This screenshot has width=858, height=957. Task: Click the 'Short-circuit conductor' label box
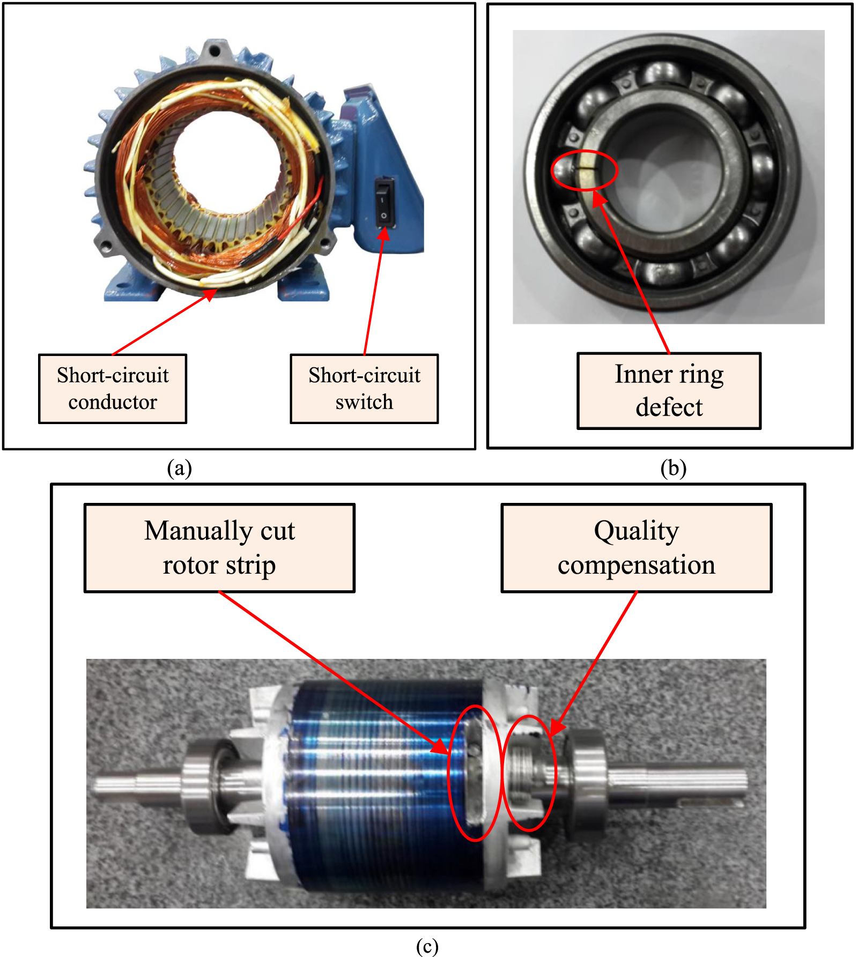113,389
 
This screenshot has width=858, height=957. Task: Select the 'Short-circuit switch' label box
364,389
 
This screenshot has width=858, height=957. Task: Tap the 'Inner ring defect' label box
669,391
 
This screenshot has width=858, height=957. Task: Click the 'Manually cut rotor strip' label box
219,547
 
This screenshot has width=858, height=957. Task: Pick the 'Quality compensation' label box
636,547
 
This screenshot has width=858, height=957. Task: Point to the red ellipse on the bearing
585,170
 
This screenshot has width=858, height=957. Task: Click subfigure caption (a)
179,468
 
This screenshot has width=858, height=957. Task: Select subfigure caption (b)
673,468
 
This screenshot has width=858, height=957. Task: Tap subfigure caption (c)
427,946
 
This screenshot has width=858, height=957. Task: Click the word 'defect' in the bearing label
669,407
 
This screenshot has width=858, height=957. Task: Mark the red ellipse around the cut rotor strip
475,773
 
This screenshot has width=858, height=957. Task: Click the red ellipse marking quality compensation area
529,773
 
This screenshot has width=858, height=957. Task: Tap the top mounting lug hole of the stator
214,51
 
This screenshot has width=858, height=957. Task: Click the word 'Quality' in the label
636,531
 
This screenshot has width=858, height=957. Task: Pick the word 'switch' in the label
364,402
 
